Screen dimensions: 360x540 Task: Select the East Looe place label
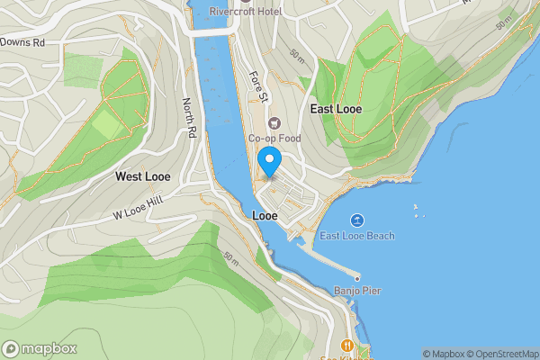[336, 109]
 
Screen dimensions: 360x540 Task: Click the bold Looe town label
[265, 217]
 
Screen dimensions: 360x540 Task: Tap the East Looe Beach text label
[357, 236]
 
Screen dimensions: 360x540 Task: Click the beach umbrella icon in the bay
[357, 220]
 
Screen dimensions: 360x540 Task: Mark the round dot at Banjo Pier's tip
[357, 277]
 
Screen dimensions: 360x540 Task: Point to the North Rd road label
[189, 118]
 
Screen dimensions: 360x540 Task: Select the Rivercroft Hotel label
[245, 11]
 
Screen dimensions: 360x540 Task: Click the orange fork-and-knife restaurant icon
[346, 345]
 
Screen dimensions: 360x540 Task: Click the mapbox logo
[40, 349]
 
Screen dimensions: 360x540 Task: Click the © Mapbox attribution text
[442, 354]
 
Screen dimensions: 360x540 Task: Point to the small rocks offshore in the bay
[416, 213]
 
